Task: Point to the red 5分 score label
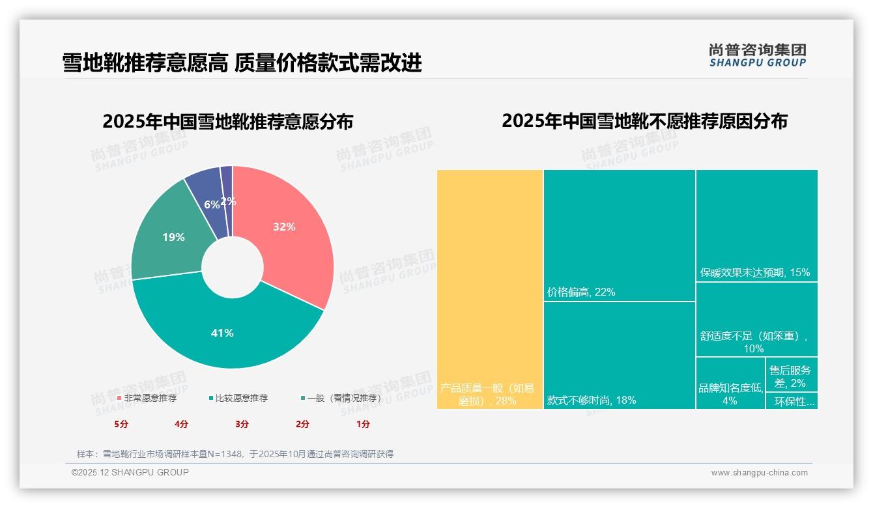pos(121,424)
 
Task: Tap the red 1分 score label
pos(363,424)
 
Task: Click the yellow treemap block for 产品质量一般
pos(490,287)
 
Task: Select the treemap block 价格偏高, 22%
pos(619,234)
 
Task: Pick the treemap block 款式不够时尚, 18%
pos(619,355)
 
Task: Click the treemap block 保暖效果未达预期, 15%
pos(756,225)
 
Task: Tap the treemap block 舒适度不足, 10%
pos(756,319)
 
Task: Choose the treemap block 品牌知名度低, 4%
pos(730,383)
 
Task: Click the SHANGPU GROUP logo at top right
pos(758,55)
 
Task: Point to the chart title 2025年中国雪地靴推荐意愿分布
pos(228,122)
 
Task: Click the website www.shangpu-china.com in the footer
pos(759,473)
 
